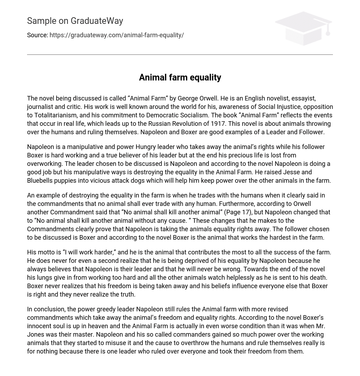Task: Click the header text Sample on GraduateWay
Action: pos(75,21)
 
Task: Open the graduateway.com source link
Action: pos(116,35)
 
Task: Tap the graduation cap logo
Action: pos(303,28)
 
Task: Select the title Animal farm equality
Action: pos(180,78)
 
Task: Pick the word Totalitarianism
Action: pos(51,115)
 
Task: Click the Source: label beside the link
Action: pos(37,35)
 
